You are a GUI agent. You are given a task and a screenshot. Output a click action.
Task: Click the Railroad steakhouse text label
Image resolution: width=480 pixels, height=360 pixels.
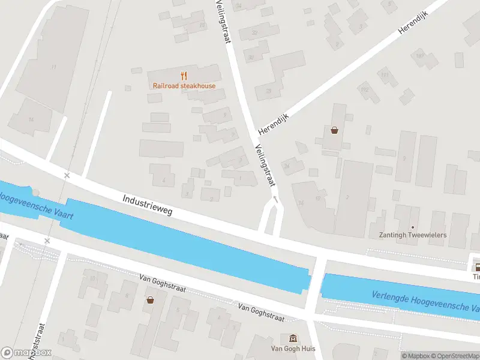coord(184,86)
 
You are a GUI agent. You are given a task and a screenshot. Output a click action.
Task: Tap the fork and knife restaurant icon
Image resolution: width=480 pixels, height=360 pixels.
coord(184,76)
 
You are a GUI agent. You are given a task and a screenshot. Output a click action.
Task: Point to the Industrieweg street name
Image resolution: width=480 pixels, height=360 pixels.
coord(147,205)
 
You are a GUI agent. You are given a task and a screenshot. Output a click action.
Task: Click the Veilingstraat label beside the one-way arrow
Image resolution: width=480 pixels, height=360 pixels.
coord(265,166)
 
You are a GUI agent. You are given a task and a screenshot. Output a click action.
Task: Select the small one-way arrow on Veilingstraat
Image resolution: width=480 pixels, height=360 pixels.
coord(275,198)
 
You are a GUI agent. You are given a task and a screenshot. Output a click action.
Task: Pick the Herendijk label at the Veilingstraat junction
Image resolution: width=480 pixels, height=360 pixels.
coord(273,123)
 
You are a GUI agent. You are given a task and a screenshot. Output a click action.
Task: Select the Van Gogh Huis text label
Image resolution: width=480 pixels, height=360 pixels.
coord(292,349)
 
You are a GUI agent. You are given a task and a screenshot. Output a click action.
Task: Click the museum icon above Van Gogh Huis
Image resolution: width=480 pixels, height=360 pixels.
coord(292,338)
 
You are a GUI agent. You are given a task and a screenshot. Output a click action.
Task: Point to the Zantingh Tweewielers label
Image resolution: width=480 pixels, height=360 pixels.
coord(412,235)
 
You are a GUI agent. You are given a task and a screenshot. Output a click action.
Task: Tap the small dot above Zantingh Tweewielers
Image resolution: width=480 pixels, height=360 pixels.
coord(413,227)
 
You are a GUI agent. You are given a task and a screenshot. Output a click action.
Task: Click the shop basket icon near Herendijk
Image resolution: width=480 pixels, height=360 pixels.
coord(334,130)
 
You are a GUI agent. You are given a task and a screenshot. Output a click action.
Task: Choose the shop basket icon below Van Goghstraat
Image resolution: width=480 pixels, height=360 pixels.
coord(149,299)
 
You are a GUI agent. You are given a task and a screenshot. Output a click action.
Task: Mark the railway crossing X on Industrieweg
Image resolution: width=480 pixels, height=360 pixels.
coord(67,175)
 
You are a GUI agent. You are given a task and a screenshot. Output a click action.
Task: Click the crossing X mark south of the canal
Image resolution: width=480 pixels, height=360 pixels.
coord(47,241)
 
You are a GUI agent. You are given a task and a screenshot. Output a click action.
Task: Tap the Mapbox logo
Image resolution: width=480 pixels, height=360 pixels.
coord(26,353)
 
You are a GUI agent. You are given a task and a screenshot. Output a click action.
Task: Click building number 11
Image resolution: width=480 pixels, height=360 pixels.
coord(54,66)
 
